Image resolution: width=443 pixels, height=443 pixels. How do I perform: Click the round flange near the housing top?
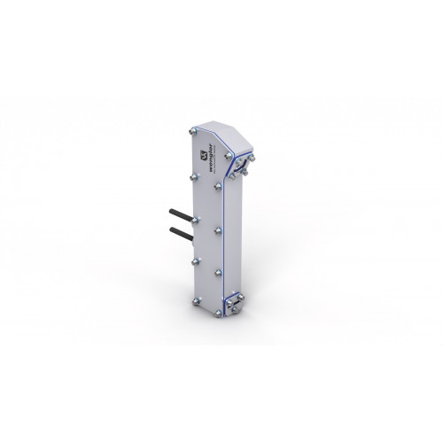(x=243, y=166)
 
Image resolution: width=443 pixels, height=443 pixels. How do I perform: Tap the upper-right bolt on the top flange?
(x=252, y=158)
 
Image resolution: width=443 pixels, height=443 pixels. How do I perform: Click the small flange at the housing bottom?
(x=235, y=303)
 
